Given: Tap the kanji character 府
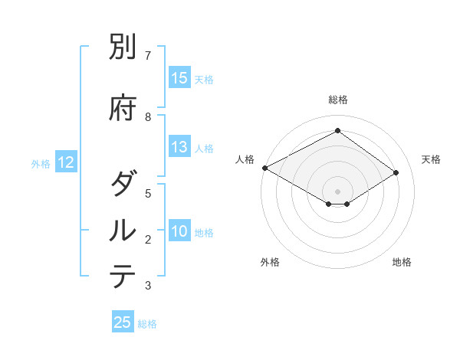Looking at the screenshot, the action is click(123, 108).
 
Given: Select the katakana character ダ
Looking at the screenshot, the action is click(123, 185).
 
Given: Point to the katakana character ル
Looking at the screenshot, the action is click(123, 231).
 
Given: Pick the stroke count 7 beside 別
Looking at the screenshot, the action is click(148, 56).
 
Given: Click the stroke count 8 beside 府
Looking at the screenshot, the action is click(148, 117).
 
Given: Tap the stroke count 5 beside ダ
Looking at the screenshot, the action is click(148, 194).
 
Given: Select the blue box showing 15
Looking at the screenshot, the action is click(179, 78).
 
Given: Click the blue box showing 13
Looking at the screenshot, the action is click(179, 147).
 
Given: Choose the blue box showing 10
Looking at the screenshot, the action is click(179, 231).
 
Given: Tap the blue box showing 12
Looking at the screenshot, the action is click(65, 162).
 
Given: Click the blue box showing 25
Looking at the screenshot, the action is click(123, 322).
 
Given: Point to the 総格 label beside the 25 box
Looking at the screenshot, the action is click(147, 324).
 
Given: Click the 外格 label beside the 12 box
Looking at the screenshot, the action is click(41, 163).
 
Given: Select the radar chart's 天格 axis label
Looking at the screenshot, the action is click(432, 159).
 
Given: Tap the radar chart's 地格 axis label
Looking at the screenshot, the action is click(402, 262).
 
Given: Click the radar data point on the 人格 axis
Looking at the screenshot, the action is click(264, 167).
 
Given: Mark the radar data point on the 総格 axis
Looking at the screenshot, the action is click(337, 131).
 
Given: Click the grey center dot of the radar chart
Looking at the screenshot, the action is click(337, 191).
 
